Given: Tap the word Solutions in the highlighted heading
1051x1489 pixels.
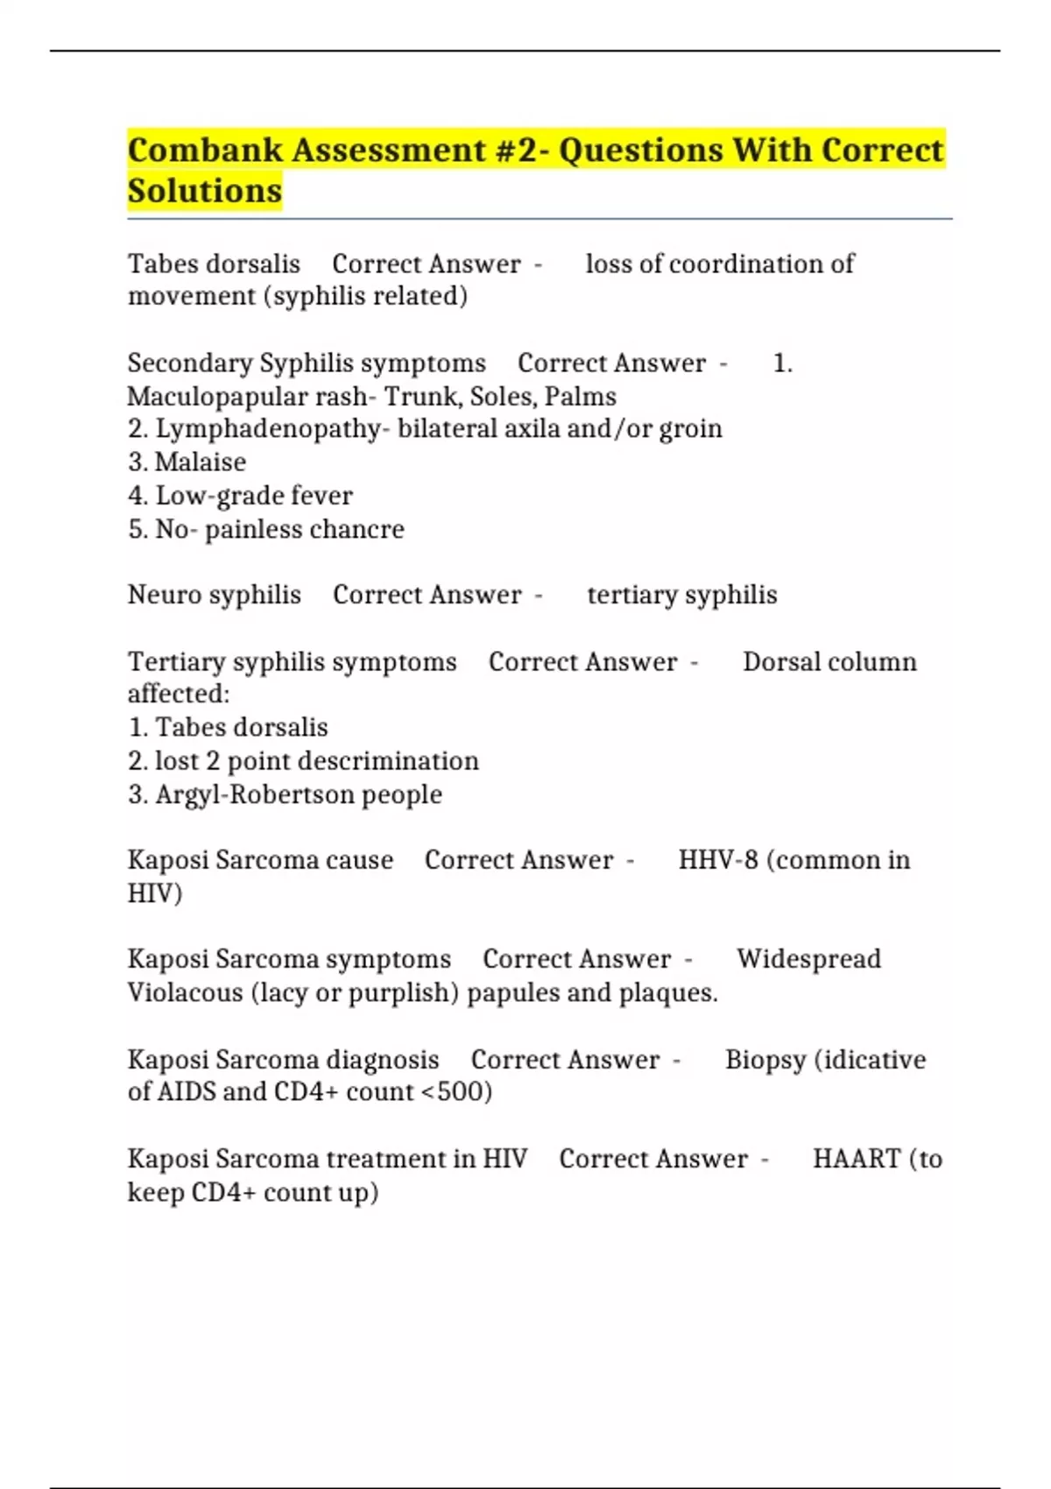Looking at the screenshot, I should click(x=205, y=191).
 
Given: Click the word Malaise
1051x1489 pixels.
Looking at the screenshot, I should click(x=201, y=462).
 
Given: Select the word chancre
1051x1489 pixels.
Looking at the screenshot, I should click(x=363, y=529).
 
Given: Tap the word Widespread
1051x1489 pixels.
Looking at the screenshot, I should click(x=808, y=959).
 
